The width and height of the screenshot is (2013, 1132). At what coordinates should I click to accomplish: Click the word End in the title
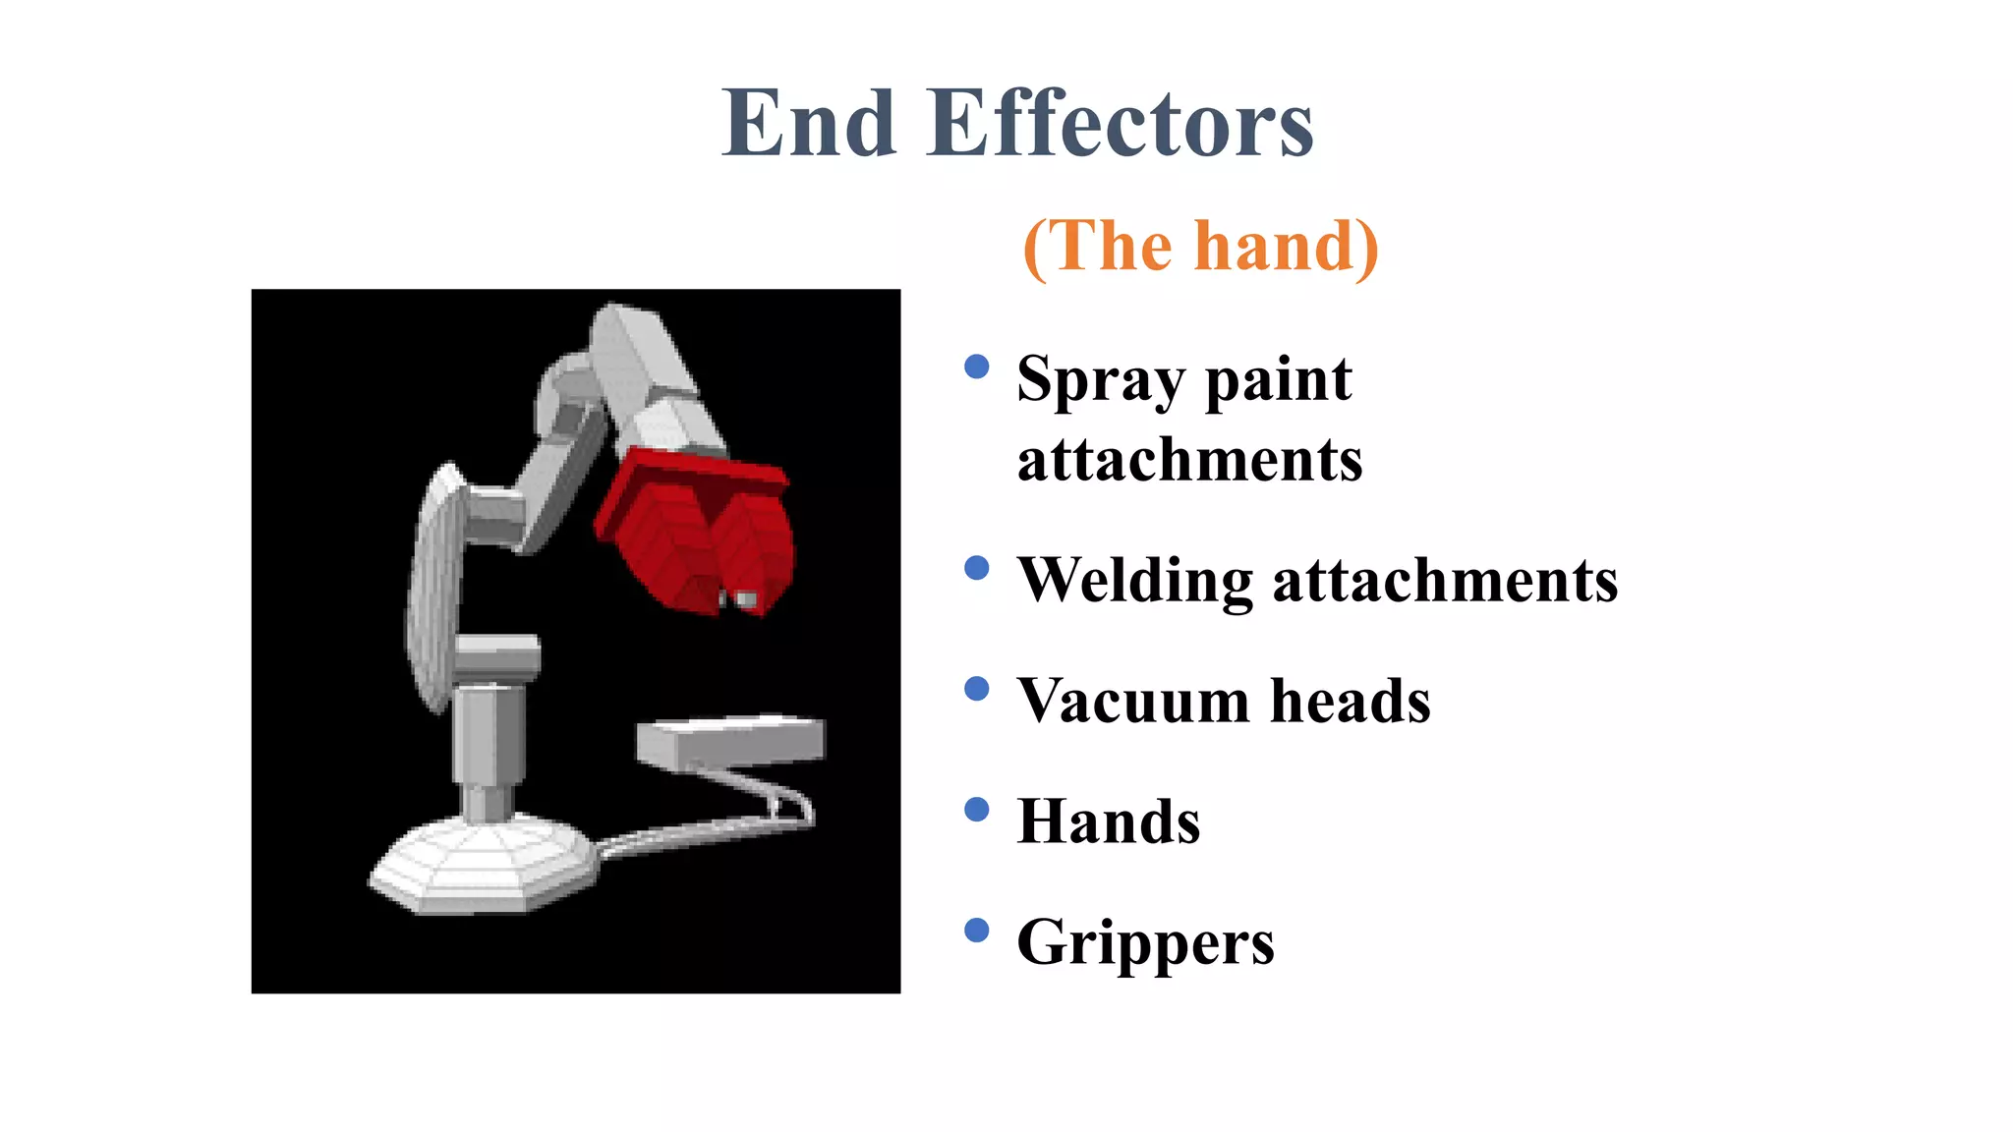[809, 124]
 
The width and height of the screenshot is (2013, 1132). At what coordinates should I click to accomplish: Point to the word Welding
[1134, 580]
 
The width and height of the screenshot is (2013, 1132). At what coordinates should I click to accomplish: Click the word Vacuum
[1133, 701]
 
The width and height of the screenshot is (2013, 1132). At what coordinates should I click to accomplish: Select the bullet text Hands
[1109, 821]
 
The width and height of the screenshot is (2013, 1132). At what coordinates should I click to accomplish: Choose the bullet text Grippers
[1145, 943]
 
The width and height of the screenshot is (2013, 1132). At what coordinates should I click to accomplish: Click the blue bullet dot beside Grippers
[976, 931]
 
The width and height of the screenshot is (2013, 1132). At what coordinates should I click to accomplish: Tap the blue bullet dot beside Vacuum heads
[976, 689]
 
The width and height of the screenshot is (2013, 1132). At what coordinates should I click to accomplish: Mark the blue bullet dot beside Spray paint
[976, 368]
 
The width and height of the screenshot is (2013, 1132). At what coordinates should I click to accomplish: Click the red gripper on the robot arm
[698, 531]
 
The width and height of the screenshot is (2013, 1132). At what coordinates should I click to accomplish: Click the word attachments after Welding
[1445, 580]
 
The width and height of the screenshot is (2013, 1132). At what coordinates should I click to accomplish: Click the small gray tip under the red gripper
[745, 598]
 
